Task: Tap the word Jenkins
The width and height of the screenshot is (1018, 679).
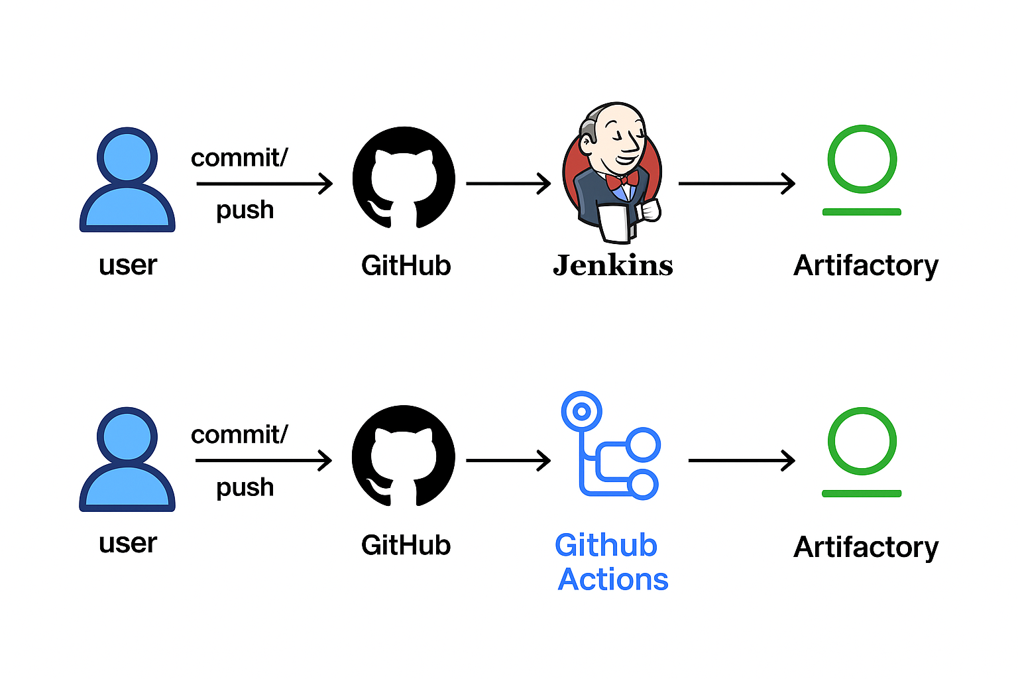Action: click(613, 265)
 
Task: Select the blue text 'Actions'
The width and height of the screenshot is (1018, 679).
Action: click(613, 580)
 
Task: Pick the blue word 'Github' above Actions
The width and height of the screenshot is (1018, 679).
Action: click(606, 545)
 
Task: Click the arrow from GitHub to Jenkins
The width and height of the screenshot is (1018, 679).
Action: click(508, 184)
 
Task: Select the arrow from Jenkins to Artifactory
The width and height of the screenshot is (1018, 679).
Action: click(736, 184)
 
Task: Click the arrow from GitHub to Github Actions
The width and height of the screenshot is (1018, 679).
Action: click(508, 460)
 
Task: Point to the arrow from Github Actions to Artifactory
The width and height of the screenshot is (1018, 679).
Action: click(742, 460)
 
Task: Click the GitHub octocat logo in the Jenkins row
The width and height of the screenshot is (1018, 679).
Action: click(404, 178)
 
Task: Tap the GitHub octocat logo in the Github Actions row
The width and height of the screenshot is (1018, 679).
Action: click(404, 456)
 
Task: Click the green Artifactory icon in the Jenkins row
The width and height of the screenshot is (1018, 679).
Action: click(862, 169)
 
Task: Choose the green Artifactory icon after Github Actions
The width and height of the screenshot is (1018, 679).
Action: click(862, 451)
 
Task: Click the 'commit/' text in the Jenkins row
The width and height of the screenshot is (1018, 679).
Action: click(239, 158)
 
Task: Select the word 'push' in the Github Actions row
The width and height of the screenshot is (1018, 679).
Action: click(245, 487)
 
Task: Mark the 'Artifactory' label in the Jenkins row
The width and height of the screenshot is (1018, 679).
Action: click(866, 266)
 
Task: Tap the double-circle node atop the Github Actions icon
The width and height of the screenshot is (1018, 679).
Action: click(581, 411)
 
